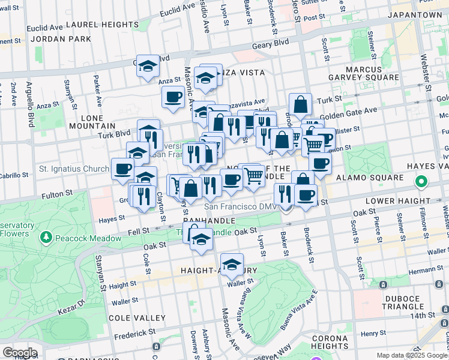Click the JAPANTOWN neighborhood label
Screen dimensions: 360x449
pos(415,14)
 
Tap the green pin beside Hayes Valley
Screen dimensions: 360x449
pos(421,181)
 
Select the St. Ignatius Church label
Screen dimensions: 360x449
pos(74,169)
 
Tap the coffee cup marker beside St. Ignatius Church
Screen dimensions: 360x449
pos(123,169)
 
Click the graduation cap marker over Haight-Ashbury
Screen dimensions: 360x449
pos(232,264)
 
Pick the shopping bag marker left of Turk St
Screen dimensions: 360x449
pos(300,104)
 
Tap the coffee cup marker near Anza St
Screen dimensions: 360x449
pos(173,97)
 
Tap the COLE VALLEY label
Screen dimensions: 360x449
pos(133,317)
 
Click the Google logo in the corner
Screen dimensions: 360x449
pos(19,353)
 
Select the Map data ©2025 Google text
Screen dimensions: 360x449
pos(412,355)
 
